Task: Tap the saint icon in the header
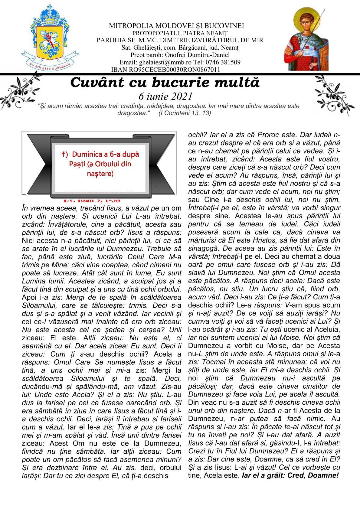pos(306,39)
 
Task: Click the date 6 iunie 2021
pos(165,96)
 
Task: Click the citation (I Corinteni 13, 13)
pos(185,113)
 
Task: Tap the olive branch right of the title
pos(331,94)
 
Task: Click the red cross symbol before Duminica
pos(64,154)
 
